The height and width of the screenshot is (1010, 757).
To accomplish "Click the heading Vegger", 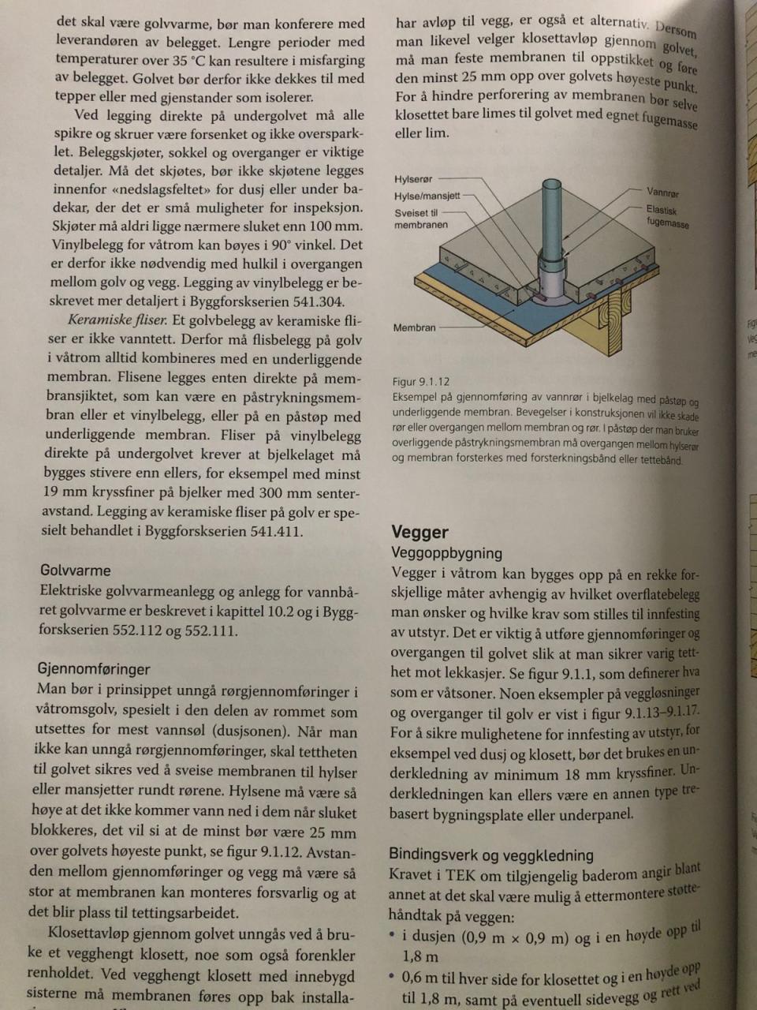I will coord(420,532).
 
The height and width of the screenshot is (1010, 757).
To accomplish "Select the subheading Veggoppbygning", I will coord(446,553).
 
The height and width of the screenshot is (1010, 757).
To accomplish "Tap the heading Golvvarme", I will coord(75,570).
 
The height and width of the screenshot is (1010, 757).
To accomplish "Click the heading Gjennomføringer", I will coord(93,668).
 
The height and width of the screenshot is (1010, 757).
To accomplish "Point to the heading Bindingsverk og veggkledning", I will coord(490,855).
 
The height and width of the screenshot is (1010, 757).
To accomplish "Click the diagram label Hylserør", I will coord(413,179).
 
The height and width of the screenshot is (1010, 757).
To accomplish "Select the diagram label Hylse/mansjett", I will coord(427,196).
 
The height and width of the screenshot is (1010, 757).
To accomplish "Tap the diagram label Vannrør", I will coord(662,193).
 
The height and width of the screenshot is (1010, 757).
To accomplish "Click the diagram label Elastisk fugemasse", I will coord(667,217).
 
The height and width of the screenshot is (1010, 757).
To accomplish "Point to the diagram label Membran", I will coord(414,327).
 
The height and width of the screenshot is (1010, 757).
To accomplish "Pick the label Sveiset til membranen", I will coord(420,219).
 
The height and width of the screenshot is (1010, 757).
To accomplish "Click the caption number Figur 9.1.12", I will coord(420,381).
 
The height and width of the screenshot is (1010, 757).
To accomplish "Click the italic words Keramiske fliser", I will coord(117,320).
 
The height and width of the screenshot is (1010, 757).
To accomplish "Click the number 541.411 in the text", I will coord(276,531).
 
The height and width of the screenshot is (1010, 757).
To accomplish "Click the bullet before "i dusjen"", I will coord(392,935).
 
